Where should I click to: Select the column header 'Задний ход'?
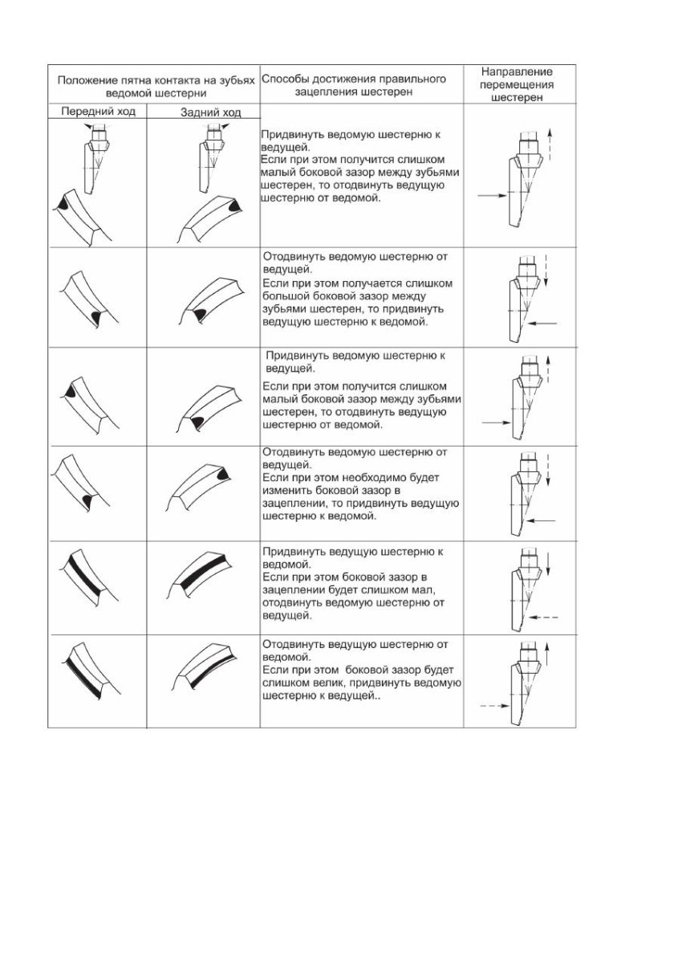point(211,113)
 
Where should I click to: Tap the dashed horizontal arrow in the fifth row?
point(544,617)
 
